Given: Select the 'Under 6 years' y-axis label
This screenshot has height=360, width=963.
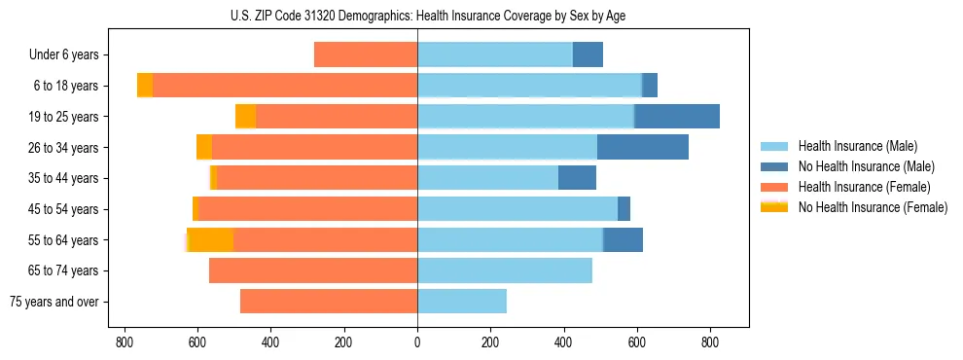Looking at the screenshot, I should pos(69,55).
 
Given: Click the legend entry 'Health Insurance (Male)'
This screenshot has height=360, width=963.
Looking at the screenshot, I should pos(857,146).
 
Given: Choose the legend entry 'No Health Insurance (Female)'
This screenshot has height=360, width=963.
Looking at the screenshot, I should pos(873,207).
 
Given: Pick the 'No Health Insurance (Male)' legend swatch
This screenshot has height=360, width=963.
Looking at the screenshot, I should pos(774,166).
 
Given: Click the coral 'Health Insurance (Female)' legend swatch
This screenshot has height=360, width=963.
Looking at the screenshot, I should pos(774,187).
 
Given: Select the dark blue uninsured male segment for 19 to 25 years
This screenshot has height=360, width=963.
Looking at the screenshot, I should pos(677,117).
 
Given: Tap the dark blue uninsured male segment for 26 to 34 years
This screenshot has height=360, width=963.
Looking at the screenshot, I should pos(643,147).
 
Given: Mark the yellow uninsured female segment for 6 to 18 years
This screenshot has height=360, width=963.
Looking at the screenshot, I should pos(145,86).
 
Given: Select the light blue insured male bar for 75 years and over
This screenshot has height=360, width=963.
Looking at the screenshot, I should pos(462,302).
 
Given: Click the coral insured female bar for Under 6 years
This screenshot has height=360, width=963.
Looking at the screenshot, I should pos(366,55).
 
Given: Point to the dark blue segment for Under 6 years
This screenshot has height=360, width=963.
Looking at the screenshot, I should pos(588,55).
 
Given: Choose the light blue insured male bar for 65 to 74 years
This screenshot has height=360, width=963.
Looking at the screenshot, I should pos(505,270).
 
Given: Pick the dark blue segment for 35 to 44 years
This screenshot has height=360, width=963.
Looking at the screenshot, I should pos(577,178).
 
